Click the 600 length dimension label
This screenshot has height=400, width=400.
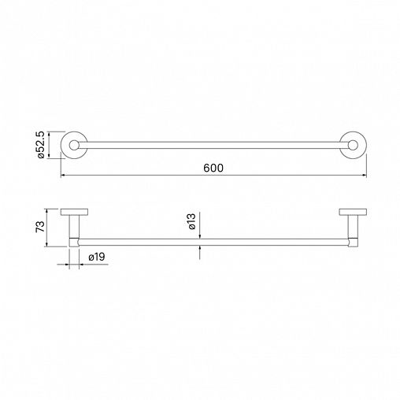(x=213, y=168)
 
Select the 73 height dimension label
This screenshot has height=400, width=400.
(x=40, y=227)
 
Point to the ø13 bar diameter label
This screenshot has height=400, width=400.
(x=192, y=221)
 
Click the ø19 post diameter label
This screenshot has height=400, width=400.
(x=97, y=257)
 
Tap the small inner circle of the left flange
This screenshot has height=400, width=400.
(x=74, y=145)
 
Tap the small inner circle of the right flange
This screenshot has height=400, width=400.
(x=354, y=145)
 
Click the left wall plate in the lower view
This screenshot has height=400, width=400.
(x=74, y=212)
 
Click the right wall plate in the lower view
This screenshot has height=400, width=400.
(x=353, y=212)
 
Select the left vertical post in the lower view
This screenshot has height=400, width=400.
(x=74, y=227)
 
